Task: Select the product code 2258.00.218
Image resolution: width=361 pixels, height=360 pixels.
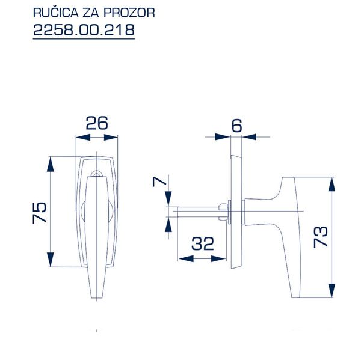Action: click(x=83, y=29)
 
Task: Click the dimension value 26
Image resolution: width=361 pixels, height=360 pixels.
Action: click(x=96, y=124)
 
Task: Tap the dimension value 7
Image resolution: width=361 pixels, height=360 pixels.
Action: click(x=157, y=182)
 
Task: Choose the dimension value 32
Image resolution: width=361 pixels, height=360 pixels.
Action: click(x=203, y=244)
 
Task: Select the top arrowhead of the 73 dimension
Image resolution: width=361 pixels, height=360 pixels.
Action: click(x=330, y=182)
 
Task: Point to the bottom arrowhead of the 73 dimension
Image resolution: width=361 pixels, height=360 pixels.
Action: click(x=330, y=293)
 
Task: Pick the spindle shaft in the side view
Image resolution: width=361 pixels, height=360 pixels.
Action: click(x=199, y=212)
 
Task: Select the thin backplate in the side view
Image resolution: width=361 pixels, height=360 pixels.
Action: click(x=235, y=210)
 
